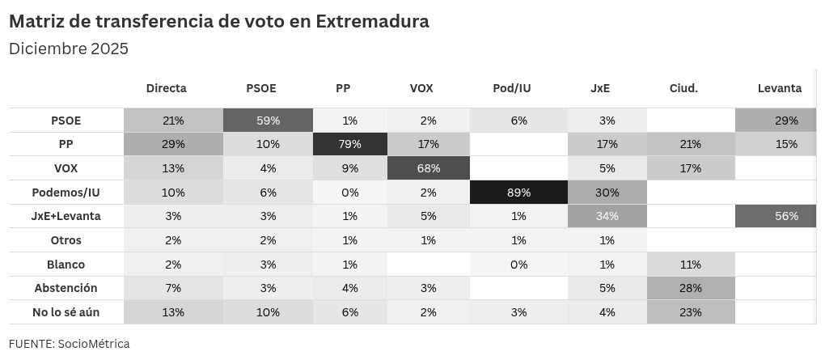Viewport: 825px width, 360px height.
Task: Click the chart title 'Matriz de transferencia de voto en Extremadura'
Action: [219, 22]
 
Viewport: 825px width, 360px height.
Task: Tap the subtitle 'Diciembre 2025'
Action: [69, 49]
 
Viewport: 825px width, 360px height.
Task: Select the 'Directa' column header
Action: [167, 88]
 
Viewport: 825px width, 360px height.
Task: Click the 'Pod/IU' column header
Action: [512, 88]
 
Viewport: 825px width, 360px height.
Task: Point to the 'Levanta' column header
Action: [780, 88]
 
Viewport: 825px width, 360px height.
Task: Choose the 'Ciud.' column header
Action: [683, 88]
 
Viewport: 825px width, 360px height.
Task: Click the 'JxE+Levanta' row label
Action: [66, 216]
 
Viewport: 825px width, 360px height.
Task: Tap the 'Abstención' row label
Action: [66, 288]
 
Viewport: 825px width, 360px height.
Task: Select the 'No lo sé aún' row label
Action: [66, 312]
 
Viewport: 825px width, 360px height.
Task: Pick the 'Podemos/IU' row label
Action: [66, 193]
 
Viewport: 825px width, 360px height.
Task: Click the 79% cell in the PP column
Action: [350, 144]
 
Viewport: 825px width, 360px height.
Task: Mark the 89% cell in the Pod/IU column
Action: [518, 193]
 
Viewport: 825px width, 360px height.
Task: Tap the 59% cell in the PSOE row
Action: [269, 121]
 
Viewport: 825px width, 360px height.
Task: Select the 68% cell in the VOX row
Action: [429, 168]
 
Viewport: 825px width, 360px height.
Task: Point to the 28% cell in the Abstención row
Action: [690, 288]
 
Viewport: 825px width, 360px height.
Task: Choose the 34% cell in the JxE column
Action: [607, 216]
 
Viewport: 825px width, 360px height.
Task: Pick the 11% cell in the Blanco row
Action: [690, 265]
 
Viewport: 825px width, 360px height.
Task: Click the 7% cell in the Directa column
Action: [174, 288]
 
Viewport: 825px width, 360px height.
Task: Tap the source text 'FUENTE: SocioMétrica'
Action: [70, 344]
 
